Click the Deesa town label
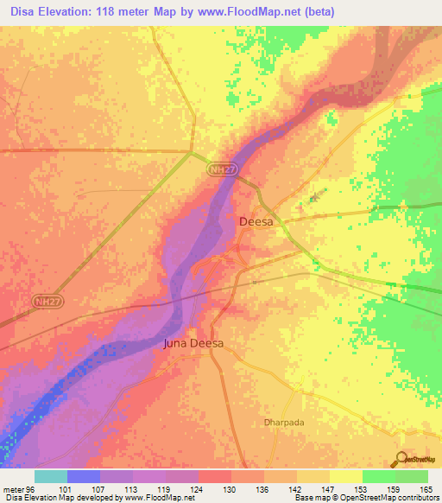[x=255, y=222]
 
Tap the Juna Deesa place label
[x=193, y=343]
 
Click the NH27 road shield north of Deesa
[x=222, y=171]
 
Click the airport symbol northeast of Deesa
[x=313, y=199]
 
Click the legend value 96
[x=30, y=488]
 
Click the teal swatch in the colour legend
[x=51, y=476]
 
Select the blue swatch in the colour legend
[x=84, y=476]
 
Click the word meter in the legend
[x=12, y=488]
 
